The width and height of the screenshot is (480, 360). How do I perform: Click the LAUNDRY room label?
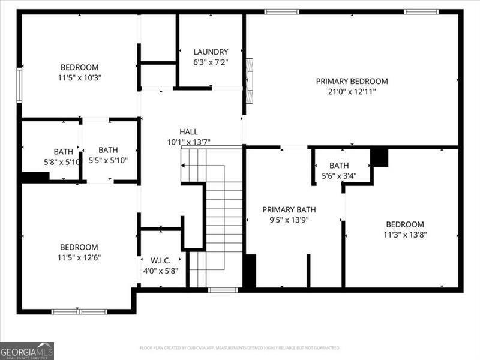coord(211,52)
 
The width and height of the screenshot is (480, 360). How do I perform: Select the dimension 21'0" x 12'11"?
coord(352,92)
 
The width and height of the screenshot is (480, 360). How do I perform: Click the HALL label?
coord(188,131)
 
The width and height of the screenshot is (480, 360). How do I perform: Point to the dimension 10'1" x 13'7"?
coord(188,142)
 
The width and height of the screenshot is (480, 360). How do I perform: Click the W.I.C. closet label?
coord(161,260)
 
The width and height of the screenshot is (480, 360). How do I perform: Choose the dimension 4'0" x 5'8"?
coord(161,270)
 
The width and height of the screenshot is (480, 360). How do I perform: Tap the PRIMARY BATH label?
coord(289,209)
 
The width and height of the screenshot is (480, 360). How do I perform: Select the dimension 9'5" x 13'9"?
coord(289,220)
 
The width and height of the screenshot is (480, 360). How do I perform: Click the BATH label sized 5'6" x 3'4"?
coord(339,165)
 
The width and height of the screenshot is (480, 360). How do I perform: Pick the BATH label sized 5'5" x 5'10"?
coord(109,150)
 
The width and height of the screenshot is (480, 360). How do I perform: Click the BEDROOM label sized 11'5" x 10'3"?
coord(79,67)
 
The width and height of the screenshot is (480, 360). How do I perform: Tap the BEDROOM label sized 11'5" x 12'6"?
coord(79,247)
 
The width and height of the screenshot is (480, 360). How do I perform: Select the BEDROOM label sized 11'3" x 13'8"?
coord(405,224)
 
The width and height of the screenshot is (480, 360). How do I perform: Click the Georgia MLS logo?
coord(27,350)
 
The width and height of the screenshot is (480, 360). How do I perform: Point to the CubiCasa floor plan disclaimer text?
coord(240,348)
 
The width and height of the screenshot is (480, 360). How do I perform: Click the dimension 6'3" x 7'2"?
coord(211,62)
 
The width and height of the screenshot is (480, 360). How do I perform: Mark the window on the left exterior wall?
coord(19,85)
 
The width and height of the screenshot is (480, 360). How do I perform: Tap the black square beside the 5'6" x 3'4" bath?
coord(379,157)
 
